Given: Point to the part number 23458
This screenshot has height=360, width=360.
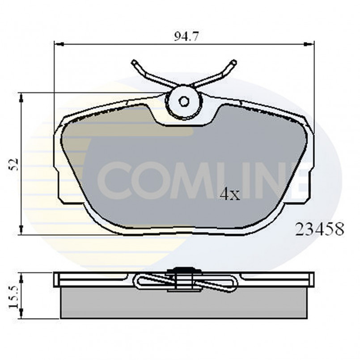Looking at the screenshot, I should click(319, 230).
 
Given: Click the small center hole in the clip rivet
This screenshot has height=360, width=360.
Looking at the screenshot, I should click(183, 101).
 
